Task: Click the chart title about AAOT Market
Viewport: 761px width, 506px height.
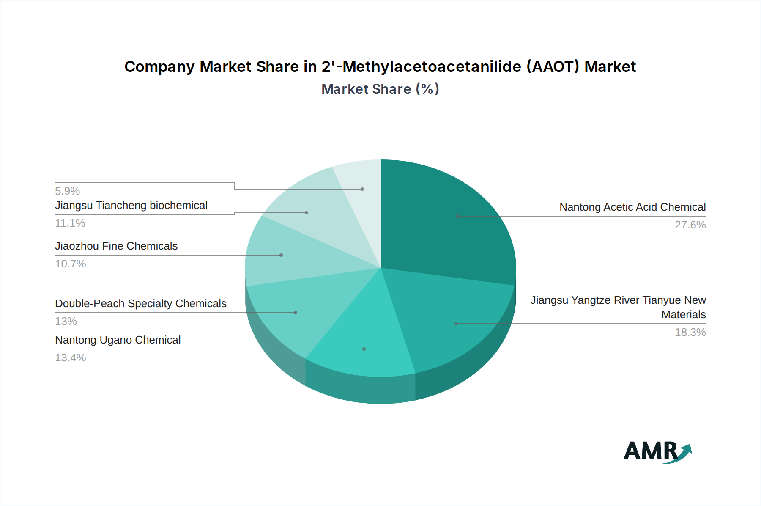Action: coord(380,67)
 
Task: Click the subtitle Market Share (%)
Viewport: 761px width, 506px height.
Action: coord(380,89)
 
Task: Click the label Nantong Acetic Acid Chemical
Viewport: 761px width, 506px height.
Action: coord(632,207)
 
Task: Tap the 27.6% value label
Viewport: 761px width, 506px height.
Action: coord(690,225)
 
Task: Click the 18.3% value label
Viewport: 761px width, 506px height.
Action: coord(690,332)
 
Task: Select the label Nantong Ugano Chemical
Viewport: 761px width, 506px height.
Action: coord(118,340)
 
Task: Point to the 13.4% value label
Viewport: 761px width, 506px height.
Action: coord(71,357)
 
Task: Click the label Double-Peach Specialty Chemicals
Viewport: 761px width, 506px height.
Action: coord(141,303)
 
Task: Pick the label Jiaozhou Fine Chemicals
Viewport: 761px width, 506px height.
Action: coord(116,246)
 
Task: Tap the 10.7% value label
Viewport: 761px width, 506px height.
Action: coord(71,264)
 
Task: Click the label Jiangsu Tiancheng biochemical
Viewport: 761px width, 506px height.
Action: coord(131,205)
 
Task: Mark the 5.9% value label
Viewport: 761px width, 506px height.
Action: coord(68,191)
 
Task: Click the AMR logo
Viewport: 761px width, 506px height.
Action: coord(657,451)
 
